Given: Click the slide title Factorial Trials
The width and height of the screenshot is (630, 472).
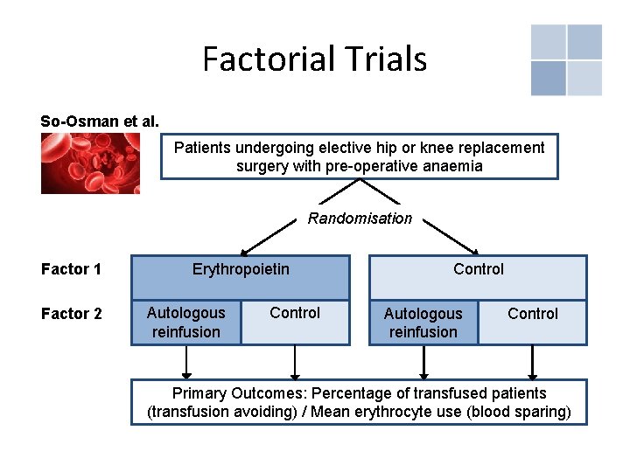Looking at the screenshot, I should coord(314,59).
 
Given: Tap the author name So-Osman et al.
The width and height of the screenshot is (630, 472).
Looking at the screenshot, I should coord(100,121).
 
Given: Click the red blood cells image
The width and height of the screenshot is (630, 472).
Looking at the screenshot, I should coord(90,163).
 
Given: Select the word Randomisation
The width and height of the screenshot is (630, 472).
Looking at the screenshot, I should coord(360,219).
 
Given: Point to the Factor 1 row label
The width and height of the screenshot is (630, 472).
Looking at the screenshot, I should coord(71,269).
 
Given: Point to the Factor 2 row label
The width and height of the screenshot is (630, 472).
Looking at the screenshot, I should coord(71,314).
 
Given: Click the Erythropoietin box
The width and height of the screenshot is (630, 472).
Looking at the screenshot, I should coord(241,269).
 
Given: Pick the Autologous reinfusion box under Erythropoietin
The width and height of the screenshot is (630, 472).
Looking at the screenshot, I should coord(185,323).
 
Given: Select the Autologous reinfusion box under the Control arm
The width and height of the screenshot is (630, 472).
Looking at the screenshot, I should coord(423,323).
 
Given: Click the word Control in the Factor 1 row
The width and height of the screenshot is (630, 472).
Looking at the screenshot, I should coord(479,269).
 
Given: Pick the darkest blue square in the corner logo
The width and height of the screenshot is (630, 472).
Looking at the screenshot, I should coord(548,78).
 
